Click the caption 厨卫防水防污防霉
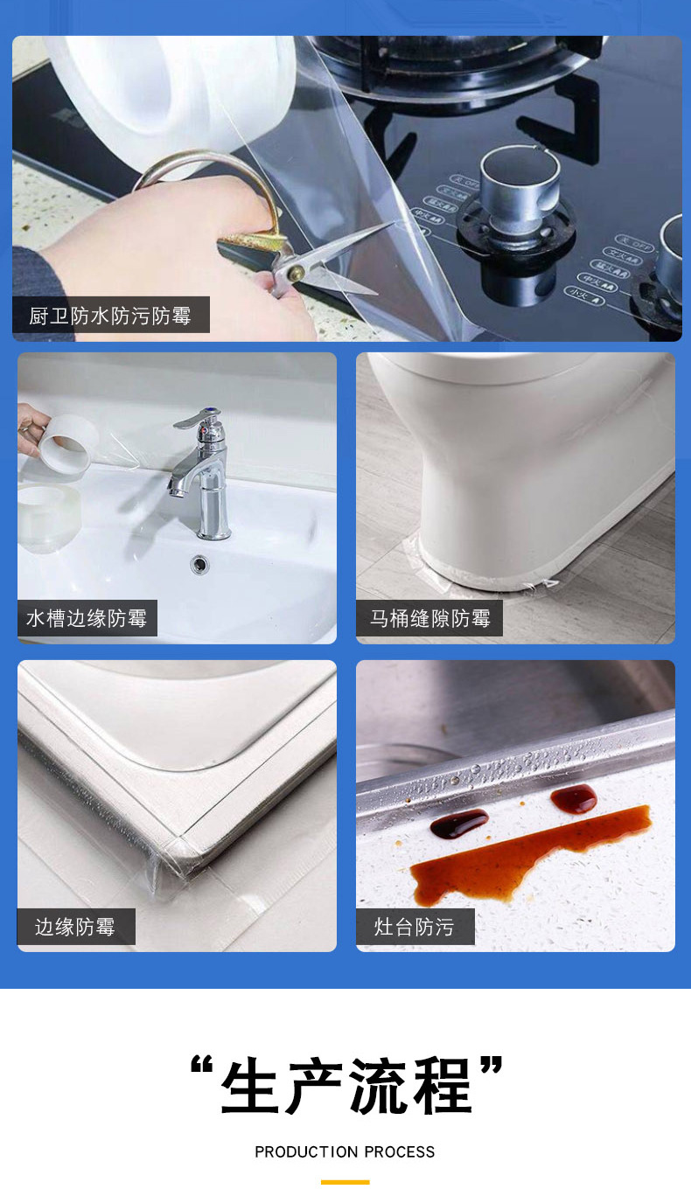110,316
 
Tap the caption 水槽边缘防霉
87,619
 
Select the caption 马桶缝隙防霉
429,619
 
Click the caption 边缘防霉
75,927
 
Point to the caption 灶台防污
415,927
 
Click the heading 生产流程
346,1086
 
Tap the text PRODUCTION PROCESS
345,1152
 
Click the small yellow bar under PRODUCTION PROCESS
345,1182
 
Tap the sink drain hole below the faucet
200,564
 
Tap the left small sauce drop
458,822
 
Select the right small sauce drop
573,797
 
